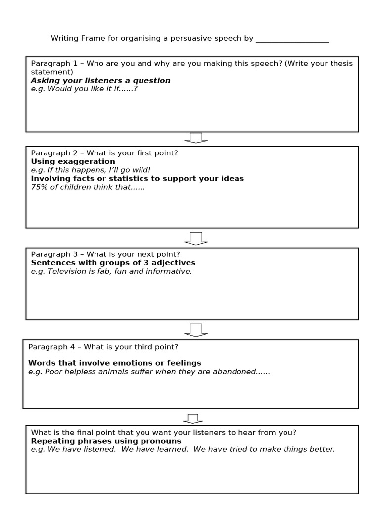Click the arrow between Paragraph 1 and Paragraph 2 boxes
click(196, 138)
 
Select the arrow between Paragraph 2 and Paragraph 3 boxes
click(196, 238)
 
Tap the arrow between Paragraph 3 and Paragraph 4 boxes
click(196, 330)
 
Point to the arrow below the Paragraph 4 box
click(193, 419)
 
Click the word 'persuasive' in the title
click(182, 39)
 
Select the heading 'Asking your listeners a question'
click(100, 80)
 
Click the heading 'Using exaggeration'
click(73, 161)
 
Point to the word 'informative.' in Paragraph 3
click(169, 271)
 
